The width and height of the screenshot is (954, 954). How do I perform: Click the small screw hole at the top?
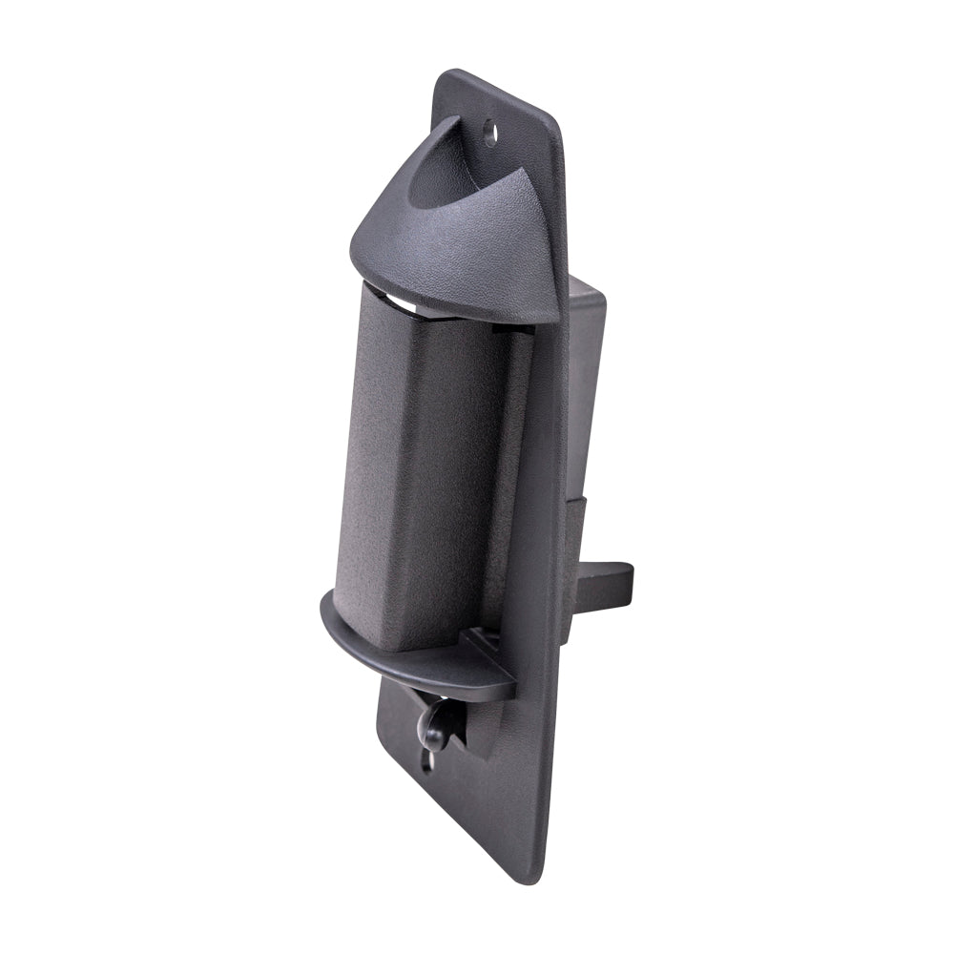(490, 129)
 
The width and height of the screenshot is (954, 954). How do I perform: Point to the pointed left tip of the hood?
(352, 250)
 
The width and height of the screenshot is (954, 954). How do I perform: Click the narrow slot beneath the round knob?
(427, 763)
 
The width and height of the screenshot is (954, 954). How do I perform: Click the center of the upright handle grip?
(420, 467)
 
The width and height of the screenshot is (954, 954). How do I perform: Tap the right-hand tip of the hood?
(558, 296)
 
